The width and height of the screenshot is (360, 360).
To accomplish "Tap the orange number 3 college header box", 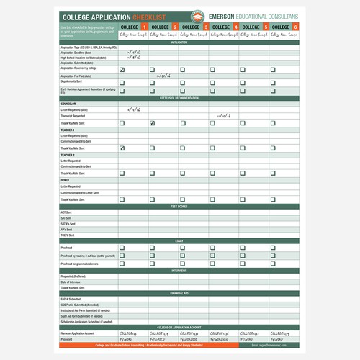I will (206, 27).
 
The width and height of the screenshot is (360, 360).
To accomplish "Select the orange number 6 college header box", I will (296, 27).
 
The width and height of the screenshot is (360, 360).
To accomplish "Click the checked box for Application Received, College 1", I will (122, 70).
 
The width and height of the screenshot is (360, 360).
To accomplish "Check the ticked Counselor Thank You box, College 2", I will (153, 123).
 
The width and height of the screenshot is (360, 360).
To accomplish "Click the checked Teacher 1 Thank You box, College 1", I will (122, 148).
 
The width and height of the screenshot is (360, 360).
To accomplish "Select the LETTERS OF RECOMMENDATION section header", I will (179, 97).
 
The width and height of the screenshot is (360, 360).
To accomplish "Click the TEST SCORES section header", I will (179, 207).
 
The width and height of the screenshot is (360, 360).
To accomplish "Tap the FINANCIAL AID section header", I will (179, 294).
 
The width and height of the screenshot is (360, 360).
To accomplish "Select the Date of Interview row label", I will (72, 282).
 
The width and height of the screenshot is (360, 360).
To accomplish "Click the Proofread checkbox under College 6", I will (273, 247).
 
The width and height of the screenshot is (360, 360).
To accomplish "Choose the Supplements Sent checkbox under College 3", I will (183, 82).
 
